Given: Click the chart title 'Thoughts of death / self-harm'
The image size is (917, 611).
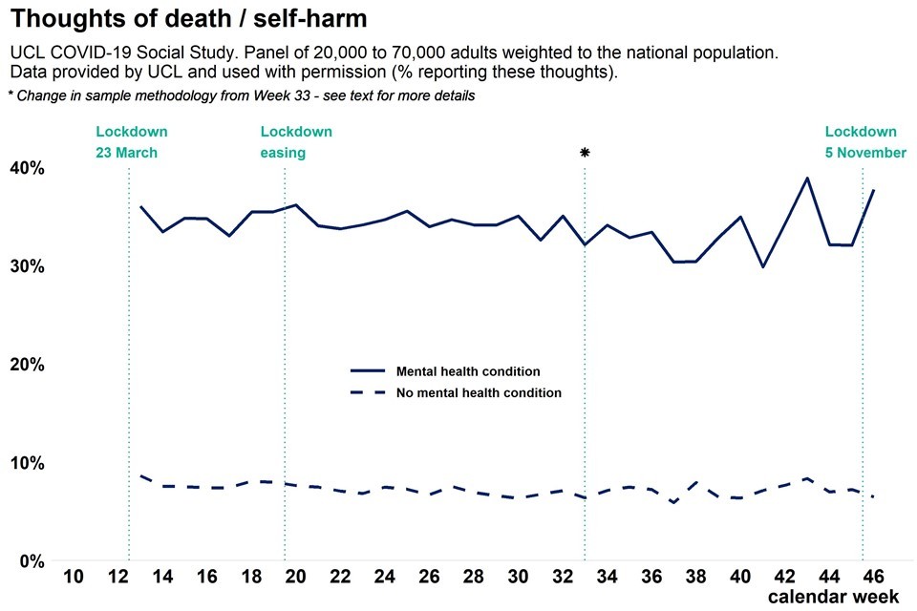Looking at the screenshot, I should tap(191, 18).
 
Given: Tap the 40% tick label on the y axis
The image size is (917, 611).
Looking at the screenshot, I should tap(28, 168).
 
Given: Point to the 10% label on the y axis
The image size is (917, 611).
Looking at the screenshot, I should tap(28, 463).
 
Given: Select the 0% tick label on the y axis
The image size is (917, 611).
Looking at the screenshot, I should tap(32, 561).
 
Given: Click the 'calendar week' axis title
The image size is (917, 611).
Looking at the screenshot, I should tap(833, 597).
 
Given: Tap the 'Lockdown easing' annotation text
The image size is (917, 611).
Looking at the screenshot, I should tap(296, 142).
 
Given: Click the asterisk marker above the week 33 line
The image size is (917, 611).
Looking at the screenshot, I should tap(585, 153).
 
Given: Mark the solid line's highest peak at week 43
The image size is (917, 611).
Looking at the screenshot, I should tap(807, 178).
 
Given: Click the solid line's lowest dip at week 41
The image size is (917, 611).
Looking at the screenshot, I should tap(763, 266).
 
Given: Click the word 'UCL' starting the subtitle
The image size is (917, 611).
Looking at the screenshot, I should tap(26, 53).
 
